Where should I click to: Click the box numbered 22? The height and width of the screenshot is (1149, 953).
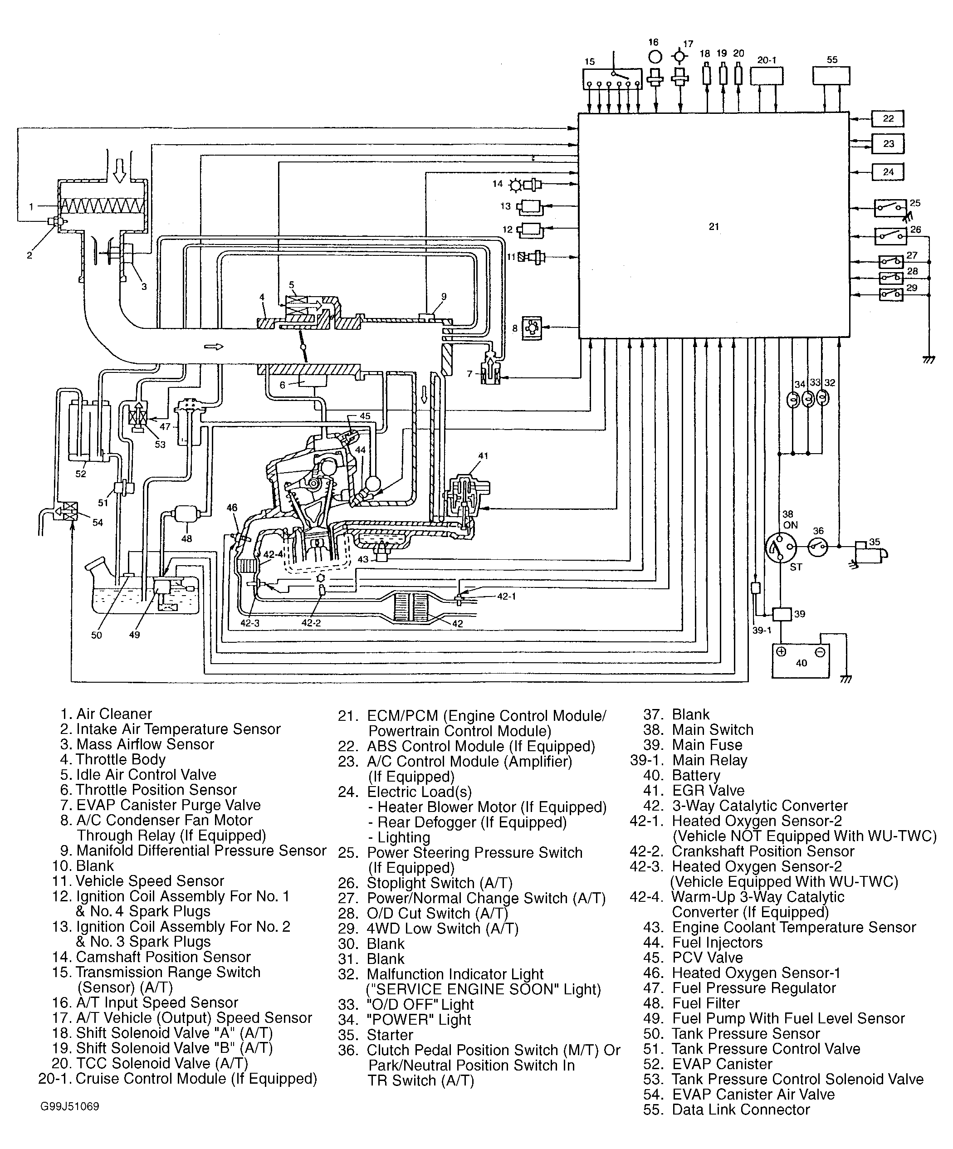coord(887,119)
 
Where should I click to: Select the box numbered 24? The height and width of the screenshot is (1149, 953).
coord(887,172)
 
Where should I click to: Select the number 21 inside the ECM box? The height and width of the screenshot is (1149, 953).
coord(714,226)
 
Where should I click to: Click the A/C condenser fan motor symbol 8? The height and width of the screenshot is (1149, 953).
coord(532,328)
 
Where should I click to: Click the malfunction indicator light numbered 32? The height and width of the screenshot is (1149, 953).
coord(822,399)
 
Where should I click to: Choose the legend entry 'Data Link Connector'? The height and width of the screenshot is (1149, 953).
coord(741,1109)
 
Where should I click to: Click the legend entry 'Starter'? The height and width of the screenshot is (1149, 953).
coord(390,1035)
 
